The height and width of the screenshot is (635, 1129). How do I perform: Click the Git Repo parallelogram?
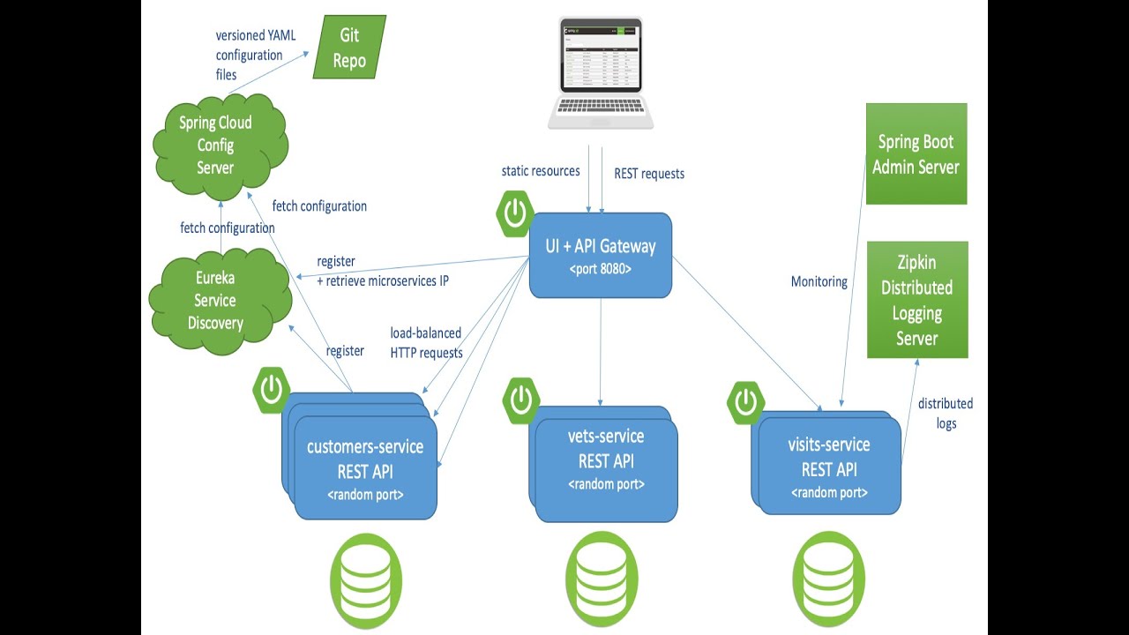coord(349,48)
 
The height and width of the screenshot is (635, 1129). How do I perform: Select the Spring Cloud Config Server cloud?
coord(215,146)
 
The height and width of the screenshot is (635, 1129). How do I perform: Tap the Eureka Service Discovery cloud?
coord(216,301)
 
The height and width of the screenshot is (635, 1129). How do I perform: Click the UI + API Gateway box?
coord(601,255)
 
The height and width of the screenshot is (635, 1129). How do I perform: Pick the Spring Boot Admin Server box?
coord(916,154)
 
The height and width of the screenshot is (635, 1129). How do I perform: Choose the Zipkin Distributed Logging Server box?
coord(917,300)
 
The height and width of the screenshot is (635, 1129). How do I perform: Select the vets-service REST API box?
coord(606,460)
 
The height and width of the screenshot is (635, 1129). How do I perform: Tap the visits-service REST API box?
coord(829,468)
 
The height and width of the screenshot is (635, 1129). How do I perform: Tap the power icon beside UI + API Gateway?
coord(514,213)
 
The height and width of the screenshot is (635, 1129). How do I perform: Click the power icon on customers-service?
coord(273,389)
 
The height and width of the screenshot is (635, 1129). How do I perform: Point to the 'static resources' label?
coord(541,171)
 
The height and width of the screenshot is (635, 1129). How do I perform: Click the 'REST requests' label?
coord(649,174)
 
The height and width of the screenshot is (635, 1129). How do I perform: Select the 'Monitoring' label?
coord(819,282)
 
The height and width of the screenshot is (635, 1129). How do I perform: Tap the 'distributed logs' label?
coord(946,413)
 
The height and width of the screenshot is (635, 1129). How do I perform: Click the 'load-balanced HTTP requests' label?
coord(427,343)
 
